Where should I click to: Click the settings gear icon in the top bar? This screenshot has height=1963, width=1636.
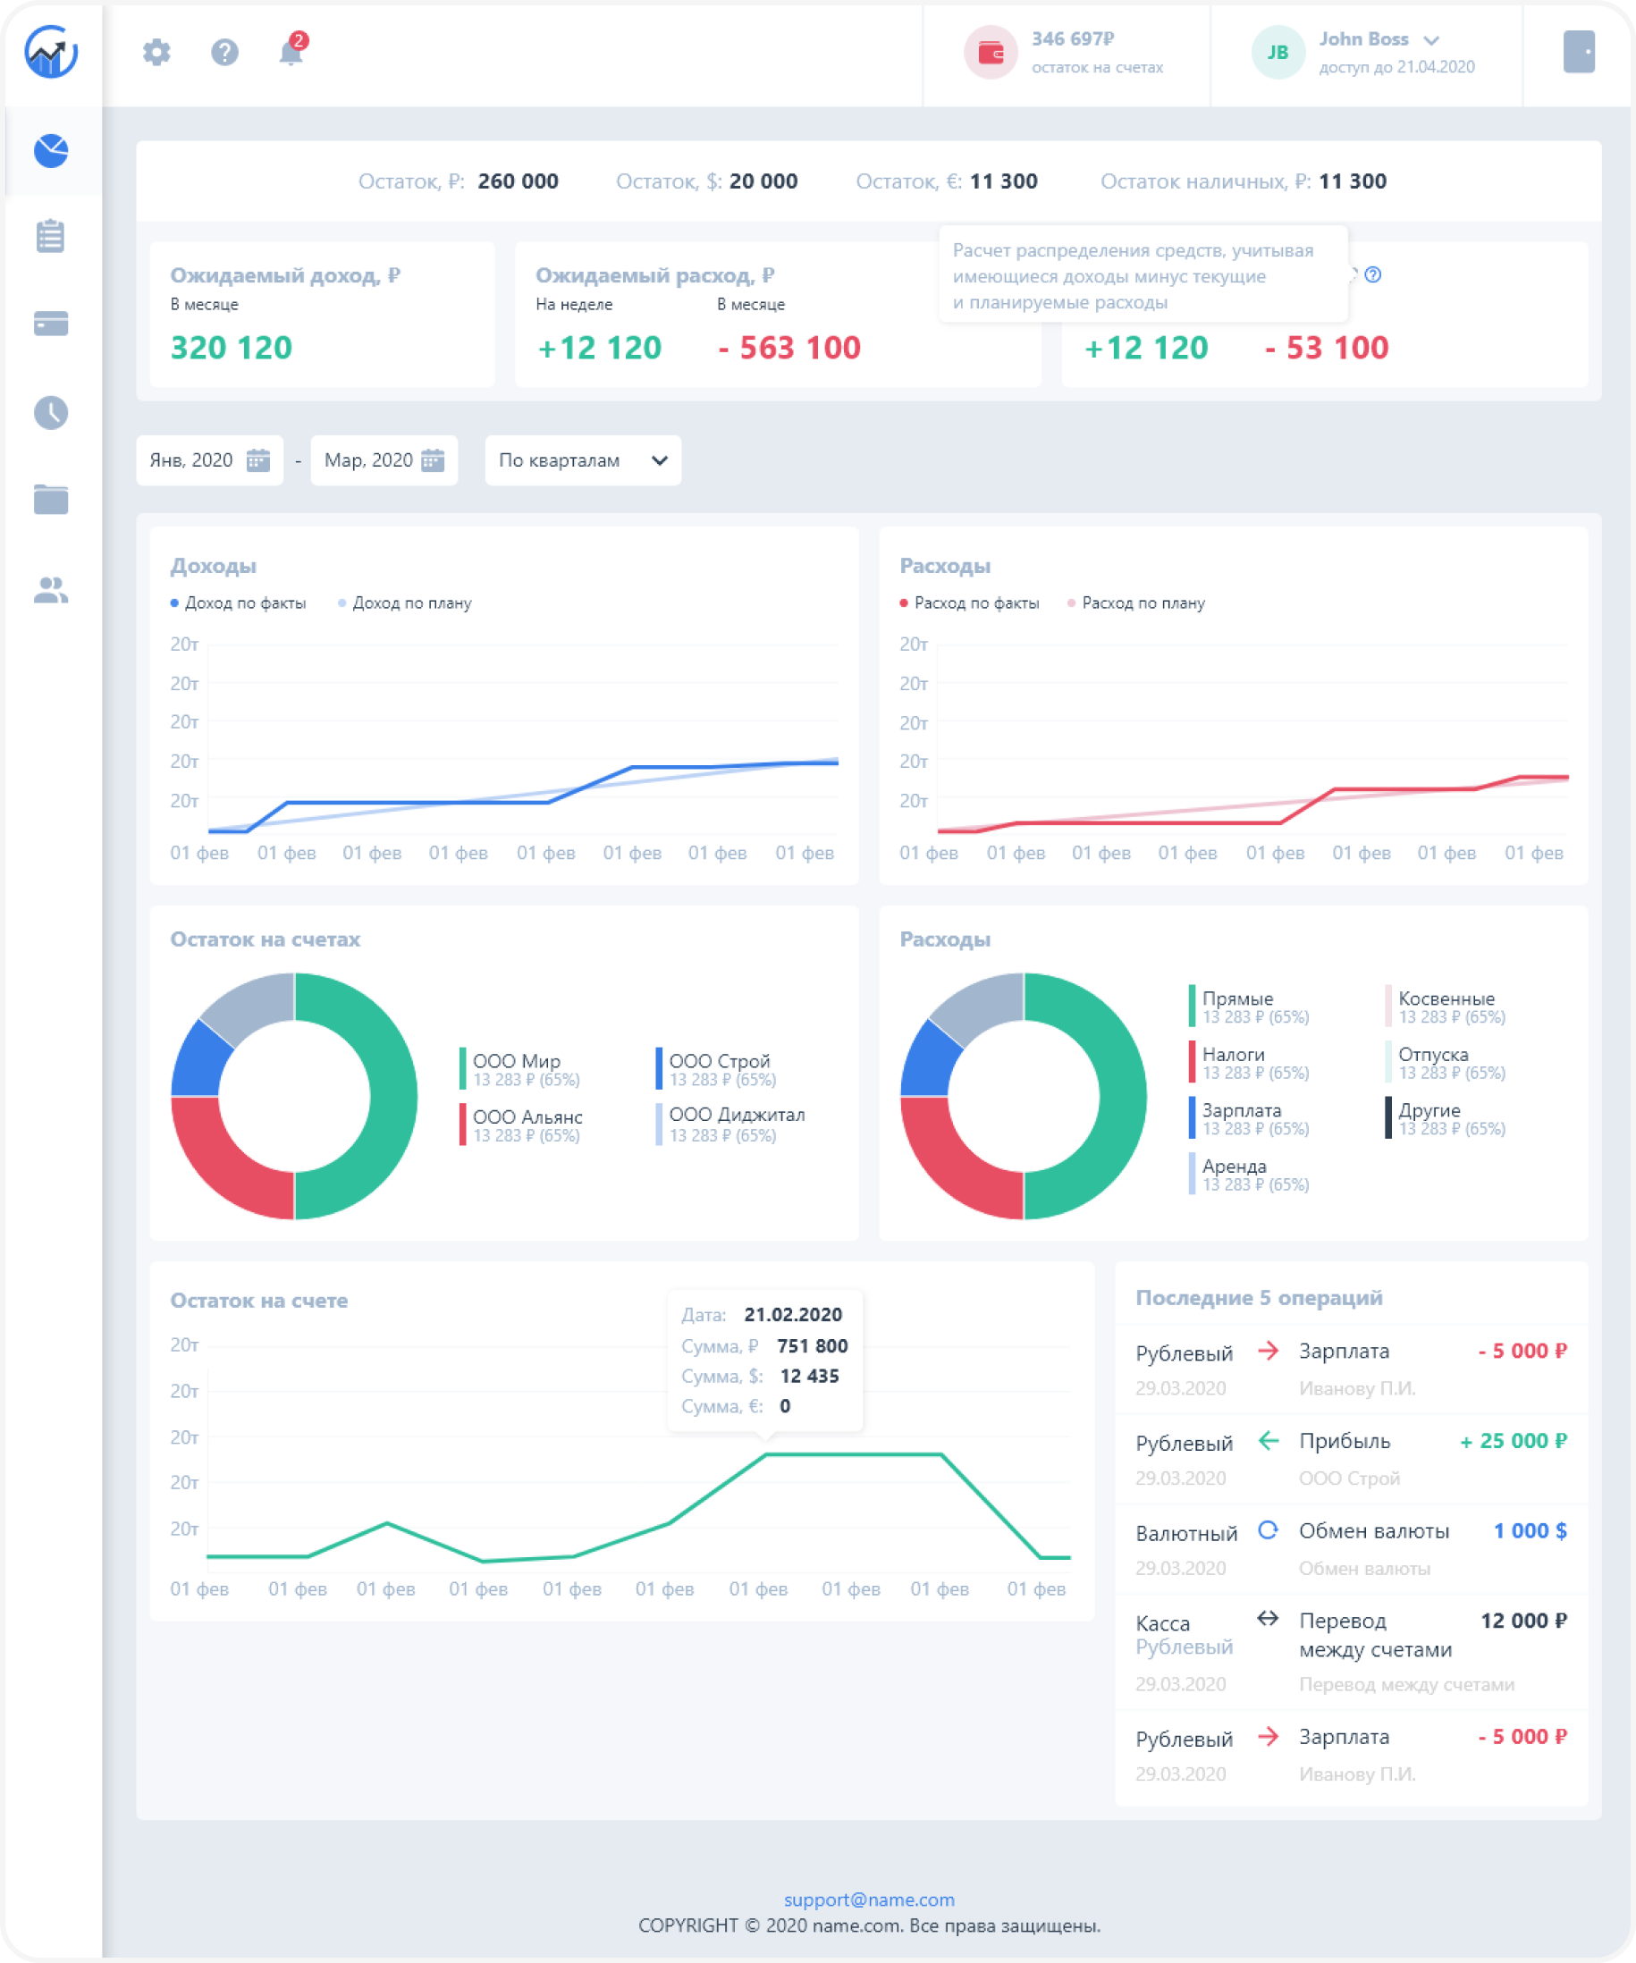(x=156, y=52)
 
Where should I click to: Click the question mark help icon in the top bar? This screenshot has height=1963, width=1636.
(x=224, y=52)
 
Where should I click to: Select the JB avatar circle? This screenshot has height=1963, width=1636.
(x=1277, y=53)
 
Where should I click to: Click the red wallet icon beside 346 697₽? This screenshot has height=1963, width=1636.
(x=990, y=53)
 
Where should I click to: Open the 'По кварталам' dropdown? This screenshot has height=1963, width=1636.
(x=582, y=459)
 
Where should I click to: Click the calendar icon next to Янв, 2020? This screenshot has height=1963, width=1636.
(x=258, y=459)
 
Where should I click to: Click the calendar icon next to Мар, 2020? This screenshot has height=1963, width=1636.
(x=433, y=459)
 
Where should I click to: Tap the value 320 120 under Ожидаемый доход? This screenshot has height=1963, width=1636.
(x=231, y=348)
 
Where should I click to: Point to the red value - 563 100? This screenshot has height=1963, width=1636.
(x=789, y=348)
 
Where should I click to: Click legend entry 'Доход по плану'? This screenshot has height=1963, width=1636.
(x=411, y=602)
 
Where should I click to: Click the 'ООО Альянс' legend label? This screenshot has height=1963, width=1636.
(x=527, y=1116)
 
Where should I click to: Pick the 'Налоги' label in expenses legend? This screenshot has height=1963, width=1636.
(x=1233, y=1055)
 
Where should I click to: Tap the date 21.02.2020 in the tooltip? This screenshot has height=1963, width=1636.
(x=793, y=1314)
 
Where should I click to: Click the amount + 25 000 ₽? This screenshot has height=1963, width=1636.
(x=1514, y=1440)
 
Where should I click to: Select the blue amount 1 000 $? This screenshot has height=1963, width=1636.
(x=1531, y=1530)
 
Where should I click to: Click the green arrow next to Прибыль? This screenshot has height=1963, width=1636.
(x=1268, y=1440)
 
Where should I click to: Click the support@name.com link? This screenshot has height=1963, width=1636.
(x=870, y=1900)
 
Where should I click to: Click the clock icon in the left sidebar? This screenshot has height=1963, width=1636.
(x=50, y=412)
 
